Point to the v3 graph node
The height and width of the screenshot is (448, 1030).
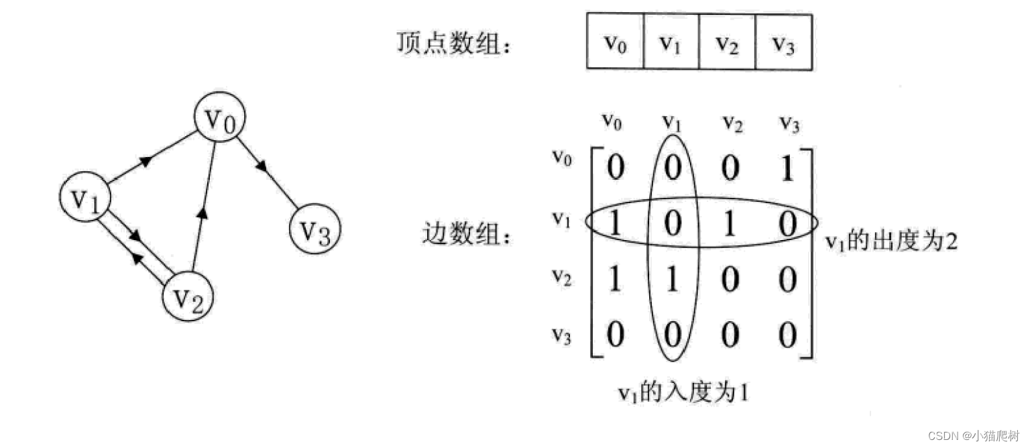pos(315,231)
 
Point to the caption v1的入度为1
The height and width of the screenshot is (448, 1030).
pos(682,391)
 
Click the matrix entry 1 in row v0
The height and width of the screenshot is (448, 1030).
pos(788,168)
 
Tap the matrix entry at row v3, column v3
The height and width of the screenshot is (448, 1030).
pos(788,333)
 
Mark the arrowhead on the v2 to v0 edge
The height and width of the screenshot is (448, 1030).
pos(204,213)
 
